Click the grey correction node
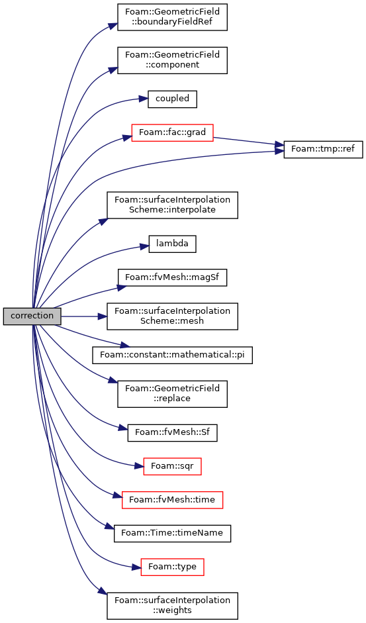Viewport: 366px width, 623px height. pyautogui.click(x=32, y=316)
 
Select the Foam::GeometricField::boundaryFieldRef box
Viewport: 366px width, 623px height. pyautogui.click(x=172, y=17)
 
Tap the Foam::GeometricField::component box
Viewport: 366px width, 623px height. pyautogui.click(x=172, y=60)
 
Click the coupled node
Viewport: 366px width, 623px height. pyautogui.click(x=172, y=99)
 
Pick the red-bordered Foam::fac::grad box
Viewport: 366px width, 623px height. pyautogui.click(x=172, y=132)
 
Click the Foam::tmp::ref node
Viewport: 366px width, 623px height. pyautogui.click(x=323, y=150)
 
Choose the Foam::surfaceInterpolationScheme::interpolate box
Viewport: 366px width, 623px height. pyautogui.click(x=172, y=205)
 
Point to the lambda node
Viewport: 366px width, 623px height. pyautogui.click(x=172, y=244)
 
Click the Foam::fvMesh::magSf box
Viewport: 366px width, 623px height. pyautogui.click(x=172, y=277)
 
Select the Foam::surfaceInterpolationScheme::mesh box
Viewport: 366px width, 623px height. pyautogui.click(x=172, y=316)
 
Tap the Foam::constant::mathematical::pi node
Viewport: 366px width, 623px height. pyautogui.click(x=172, y=355)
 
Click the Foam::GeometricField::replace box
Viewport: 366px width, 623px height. pyautogui.click(x=172, y=394)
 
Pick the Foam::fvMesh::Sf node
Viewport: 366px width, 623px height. pyautogui.click(x=172, y=432)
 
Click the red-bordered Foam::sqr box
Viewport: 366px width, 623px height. pyautogui.click(x=172, y=466)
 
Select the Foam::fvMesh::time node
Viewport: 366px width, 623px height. pyautogui.click(x=172, y=499)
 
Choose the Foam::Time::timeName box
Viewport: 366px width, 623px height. pyautogui.click(x=172, y=533)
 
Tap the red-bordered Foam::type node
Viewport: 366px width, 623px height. pyautogui.click(x=172, y=567)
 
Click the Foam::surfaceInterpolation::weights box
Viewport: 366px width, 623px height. pyautogui.click(x=172, y=606)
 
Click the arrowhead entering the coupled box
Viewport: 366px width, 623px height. pyautogui.click(x=145, y=99)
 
